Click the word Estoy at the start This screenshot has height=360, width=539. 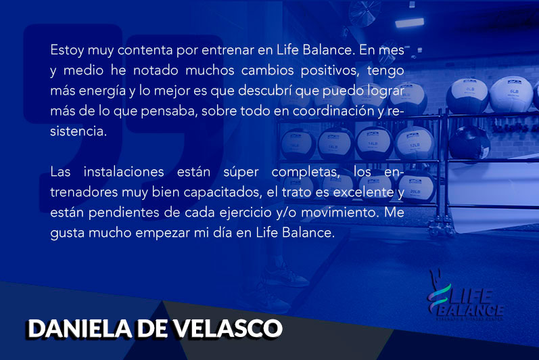pos(67,50)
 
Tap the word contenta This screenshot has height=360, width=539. pos(145,50)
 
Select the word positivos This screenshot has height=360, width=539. pos(330,70)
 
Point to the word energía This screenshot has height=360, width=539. pos(102,91)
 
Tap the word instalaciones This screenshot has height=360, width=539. pos(124,172)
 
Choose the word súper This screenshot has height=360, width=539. pos(241,172)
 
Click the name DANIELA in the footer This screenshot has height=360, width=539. pos(80,329)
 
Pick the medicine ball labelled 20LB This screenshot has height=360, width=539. pos(416,188)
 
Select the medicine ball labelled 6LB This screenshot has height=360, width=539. pos(511,94)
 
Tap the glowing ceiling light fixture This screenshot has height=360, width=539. pos(409,22)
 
